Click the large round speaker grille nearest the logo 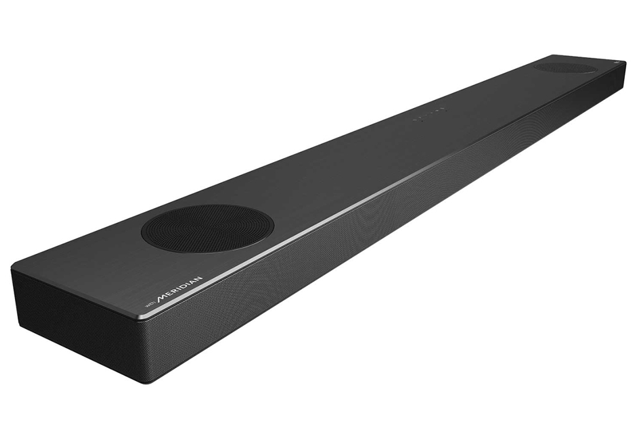(x=207, y=228)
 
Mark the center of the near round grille (x=207, y=228)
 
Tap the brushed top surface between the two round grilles (x=372, y=149)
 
